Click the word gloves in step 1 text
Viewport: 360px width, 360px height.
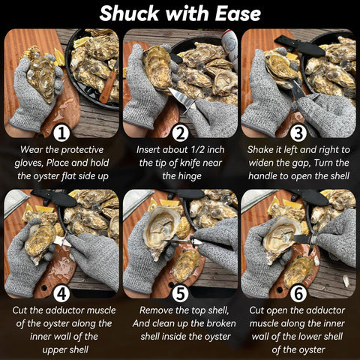(x=33, y=161)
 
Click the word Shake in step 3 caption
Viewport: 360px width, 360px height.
(x=262, y=149)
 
